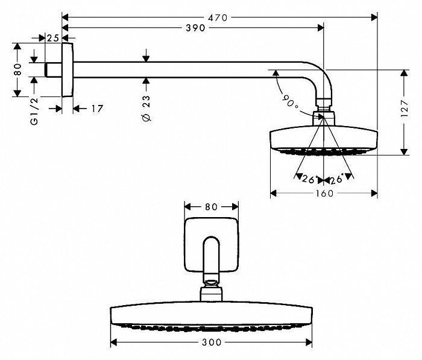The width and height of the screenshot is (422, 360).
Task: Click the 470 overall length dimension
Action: point(218,18)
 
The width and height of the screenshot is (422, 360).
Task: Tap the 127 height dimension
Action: point(411,112)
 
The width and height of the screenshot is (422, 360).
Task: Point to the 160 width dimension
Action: point(323,193)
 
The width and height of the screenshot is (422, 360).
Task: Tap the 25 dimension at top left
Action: point(53,38)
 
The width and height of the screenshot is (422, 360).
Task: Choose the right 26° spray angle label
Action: point(336,179)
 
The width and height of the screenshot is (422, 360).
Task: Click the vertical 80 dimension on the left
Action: point(18,70)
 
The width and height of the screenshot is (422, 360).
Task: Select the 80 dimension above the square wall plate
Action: point(210,206)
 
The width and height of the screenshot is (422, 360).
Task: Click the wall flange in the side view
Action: point(68,70)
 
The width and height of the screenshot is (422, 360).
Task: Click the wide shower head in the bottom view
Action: point(210,314)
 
